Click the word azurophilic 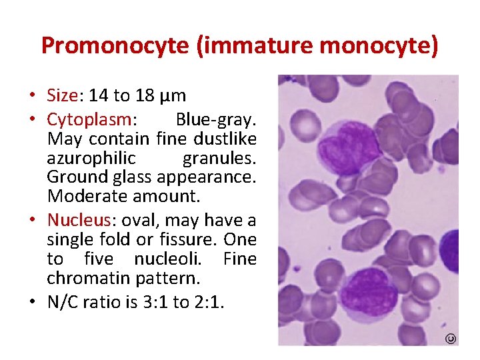pos(91,158)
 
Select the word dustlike pos(225,139)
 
